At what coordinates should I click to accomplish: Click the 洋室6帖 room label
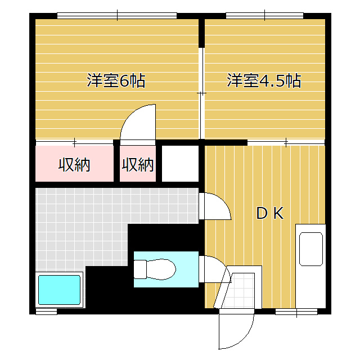pyautogui.click(x=116, y=81)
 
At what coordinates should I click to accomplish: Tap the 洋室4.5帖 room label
pyautogui.click(x=263, y=81)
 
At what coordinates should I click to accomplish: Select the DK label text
pyautogui.click(x=269, y=213)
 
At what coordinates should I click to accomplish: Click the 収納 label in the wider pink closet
pyautogui.click(x=75, y=165)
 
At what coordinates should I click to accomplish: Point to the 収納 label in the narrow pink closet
pyautogui.click(x=138, y=165)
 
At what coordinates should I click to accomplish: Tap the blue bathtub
pyautogui.click(x=59, y=290)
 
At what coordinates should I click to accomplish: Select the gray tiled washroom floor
pyautogui.click(x=84, y=225)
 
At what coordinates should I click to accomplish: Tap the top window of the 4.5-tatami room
pyautogui.click(x=264, y=15)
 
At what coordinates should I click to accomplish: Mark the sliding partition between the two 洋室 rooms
pyautogui.click(x=202, y=93)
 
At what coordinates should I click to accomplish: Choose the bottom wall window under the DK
pyautogui.click(x=296, y=310)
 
